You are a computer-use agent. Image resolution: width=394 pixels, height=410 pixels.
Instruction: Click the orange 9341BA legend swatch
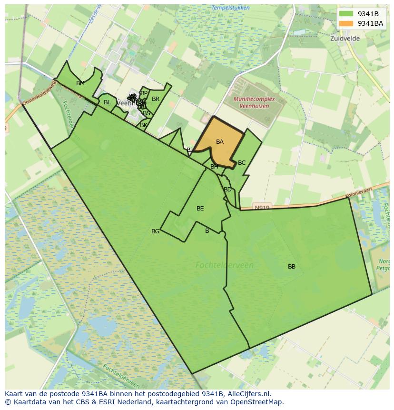tap(346, 23)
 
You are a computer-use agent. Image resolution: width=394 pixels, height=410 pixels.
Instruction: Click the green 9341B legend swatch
tap(346, 14)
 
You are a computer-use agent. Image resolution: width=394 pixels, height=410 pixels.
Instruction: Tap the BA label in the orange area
tap(220, 142)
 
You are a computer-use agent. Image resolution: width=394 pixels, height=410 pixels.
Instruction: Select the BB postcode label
tap(292, 267)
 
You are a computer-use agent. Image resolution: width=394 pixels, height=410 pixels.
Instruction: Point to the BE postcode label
tap(200, 209)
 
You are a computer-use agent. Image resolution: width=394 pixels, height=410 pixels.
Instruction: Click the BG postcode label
tap(156, 231)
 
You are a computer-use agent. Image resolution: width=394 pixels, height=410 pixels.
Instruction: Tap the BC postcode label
tap(242, 163)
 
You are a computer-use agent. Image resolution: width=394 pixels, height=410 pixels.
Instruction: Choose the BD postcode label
tap(228, 190)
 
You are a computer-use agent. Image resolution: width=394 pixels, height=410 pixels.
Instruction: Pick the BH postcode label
tap(214, 167)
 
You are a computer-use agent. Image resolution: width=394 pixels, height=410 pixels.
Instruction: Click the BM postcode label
tap(80, 83)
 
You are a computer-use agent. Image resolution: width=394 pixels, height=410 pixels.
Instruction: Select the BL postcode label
tap(107, 102)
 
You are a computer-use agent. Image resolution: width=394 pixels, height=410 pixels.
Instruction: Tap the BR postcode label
tap(156, 99)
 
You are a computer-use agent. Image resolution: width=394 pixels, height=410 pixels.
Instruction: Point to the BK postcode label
tap(143, 125)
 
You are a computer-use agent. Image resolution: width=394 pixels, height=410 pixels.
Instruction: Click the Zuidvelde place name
tap(345, 39)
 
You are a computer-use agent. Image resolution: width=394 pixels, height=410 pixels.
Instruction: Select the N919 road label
tap(262, 208)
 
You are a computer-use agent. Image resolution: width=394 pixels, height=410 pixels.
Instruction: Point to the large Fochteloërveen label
tap(225, 265)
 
